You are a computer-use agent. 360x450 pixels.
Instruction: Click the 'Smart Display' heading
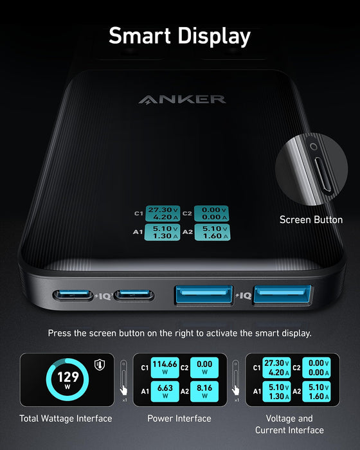point(179,36)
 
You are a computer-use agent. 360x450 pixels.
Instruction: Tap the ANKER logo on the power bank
point(182,99)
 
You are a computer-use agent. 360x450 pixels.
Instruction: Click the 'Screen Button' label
point(310,220)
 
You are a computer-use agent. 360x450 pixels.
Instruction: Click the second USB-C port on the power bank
point(134,296)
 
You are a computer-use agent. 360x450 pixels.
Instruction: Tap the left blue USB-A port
point(203,296)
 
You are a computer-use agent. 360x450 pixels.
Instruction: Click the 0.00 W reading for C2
point(205,367)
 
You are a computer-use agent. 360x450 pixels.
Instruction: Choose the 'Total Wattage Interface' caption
point(66,419)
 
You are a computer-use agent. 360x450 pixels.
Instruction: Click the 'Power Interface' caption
point(179,419)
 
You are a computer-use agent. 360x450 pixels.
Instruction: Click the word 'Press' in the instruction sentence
point(60,333)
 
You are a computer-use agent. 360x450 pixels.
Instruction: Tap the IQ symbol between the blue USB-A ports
point(243,296)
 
